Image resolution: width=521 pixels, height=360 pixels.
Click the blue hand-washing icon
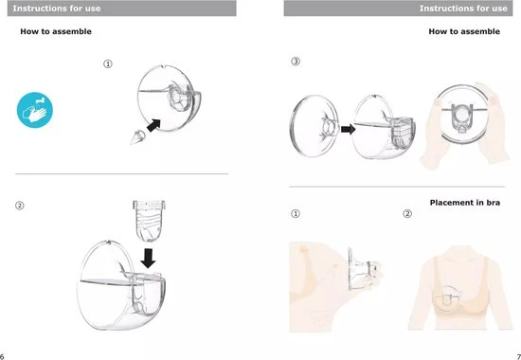pos(35,110)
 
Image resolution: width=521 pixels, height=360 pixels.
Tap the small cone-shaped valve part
pos(137,137)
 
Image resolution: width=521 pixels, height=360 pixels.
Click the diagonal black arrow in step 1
pos(153,125)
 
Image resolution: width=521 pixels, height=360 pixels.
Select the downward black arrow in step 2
pos(148,259)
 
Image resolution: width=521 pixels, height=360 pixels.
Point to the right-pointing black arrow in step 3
pos(349,129)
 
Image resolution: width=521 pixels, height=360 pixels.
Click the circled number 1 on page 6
pos(108,63)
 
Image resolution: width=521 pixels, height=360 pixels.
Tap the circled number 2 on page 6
pos(20,206)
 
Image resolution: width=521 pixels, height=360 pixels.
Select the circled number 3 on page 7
pos(296,62)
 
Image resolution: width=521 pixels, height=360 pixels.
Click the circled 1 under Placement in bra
pos(296,213)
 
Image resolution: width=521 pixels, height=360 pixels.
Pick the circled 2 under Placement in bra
pos(407,213)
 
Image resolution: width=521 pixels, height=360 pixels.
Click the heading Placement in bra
pos(465,203)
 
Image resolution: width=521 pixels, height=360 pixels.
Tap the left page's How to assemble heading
pos(56,31)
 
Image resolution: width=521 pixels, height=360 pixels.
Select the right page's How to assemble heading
pos(464,31)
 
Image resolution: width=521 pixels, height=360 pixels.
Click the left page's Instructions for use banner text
pos(57,9)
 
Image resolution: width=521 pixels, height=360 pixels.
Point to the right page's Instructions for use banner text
pos(463,9)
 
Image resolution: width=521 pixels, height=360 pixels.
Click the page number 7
pos(519,355)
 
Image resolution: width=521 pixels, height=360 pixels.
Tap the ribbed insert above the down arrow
pos(149,221)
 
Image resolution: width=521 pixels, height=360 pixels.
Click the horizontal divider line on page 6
pos(122,173)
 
